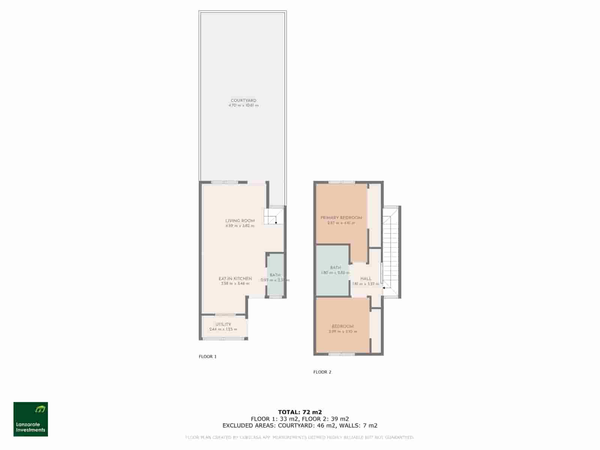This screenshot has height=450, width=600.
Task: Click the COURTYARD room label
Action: [x=243, y=100]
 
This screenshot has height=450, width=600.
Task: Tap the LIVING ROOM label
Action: [x=240, y=221]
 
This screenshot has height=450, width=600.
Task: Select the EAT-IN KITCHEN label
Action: [x=235, y=279]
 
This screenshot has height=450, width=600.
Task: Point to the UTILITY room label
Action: [x=223, y=324]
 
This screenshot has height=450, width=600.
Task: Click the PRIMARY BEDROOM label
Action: [x=341, y=217]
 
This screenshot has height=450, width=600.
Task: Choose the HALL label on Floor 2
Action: [x=366, y=279]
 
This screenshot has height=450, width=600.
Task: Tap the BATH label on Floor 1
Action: [x=275, y=275]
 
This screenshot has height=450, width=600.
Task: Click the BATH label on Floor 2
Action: [x=335, y=267]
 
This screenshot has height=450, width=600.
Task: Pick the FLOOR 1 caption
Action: [x=207, y=357]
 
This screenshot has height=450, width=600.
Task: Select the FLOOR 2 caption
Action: [x=322, y=372]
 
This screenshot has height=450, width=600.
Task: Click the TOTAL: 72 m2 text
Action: [x=300, y=412]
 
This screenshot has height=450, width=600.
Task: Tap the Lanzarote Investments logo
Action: [x=31, y=419]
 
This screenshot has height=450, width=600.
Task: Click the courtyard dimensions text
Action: [x=243, y=106]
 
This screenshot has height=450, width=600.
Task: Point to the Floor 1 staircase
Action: [x=273, y=216]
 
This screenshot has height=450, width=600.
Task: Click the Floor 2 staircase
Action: [x=391, y=251]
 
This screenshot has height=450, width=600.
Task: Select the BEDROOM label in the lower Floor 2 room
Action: [x=342, y=326]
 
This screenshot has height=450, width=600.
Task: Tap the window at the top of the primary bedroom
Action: [x=342, y=183]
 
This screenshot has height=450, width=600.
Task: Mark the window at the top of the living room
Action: [x=224, y=183]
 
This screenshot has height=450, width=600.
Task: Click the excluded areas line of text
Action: [x=300, y=426]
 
